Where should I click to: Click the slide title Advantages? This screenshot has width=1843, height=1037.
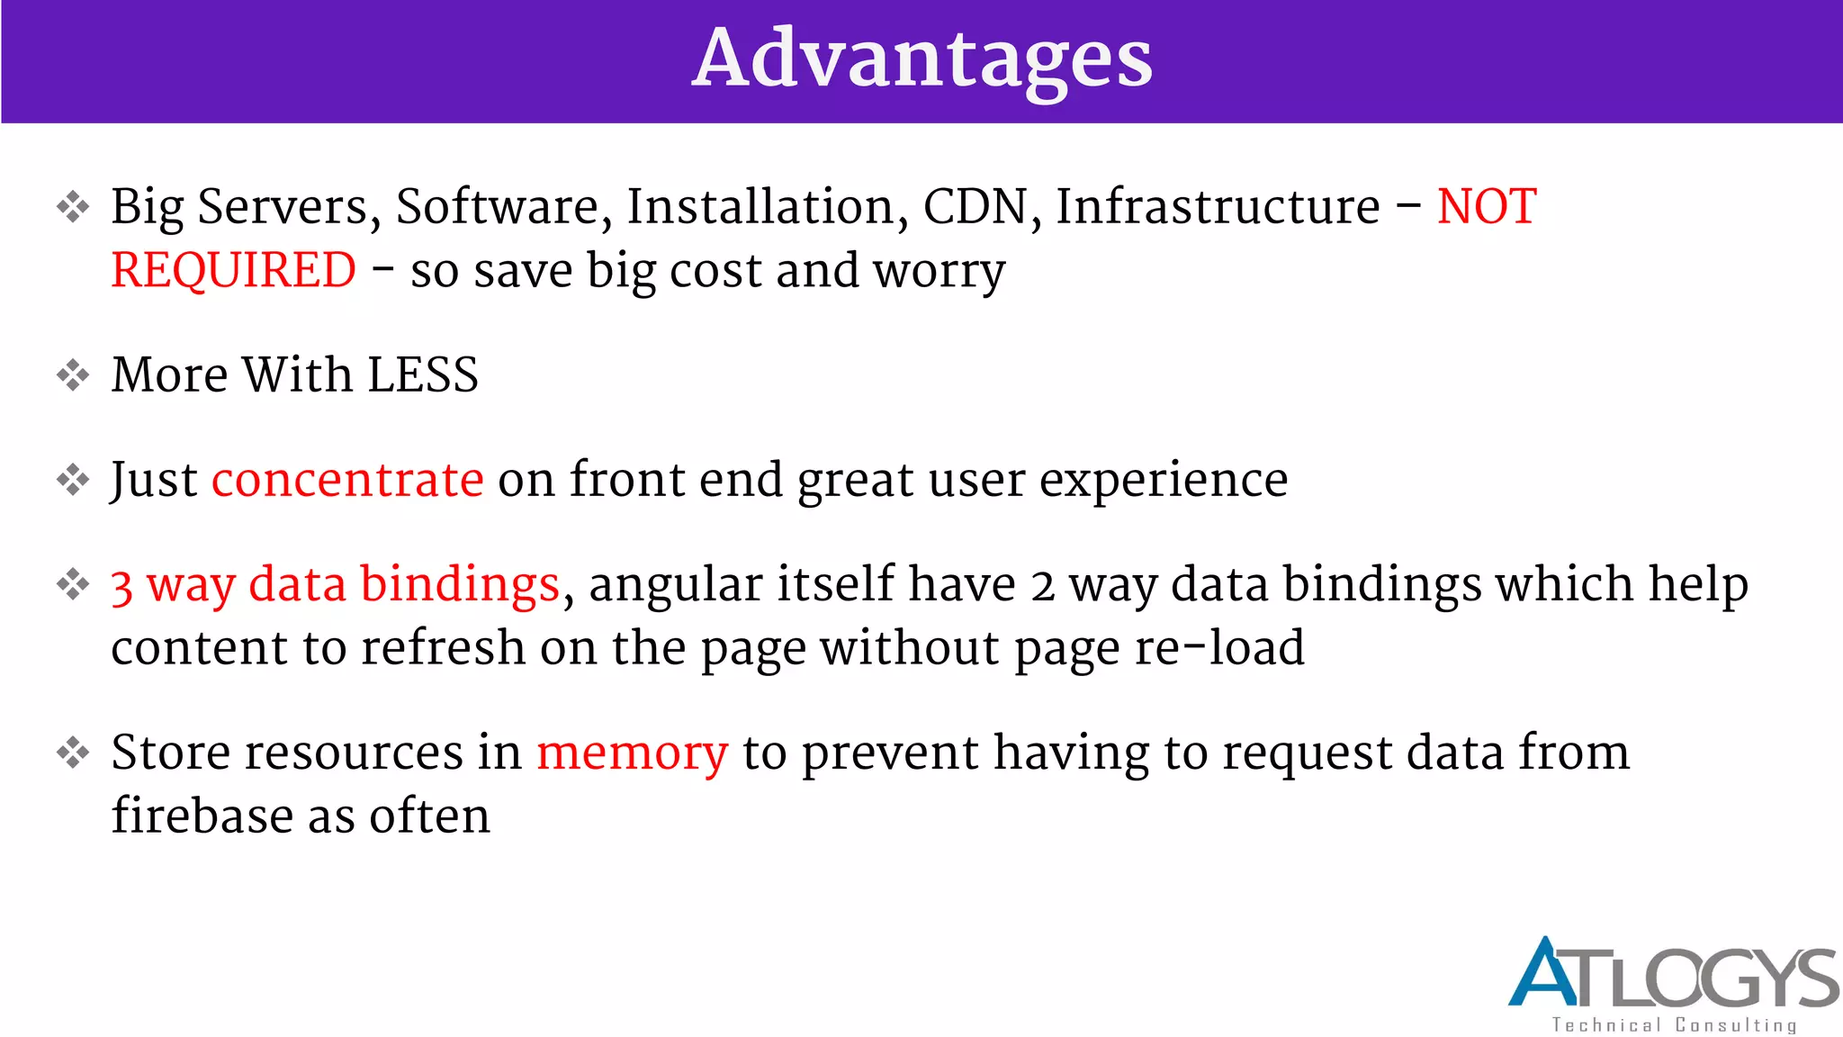pyautogui.click(x=921, y=59)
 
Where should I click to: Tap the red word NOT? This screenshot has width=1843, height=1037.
pyautogui.click(x=1487, y=207)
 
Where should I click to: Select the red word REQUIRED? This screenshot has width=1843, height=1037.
pyautogui.click(x=234, y=270)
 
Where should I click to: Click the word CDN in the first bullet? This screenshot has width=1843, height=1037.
pyautogui.click(x=975, y=207)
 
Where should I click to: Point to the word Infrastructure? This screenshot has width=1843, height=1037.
pyautogui.click(x=1218, y=207)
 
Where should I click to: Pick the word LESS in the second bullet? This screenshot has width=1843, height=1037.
pyautogui.click(x=423, y=374)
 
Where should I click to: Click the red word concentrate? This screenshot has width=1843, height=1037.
pyautogui.click(x=347, y=479)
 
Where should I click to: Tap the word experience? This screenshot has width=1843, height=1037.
pyautogui.click(x=1164, y=481)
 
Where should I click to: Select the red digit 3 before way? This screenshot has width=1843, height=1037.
pyautogui.click(x=122, y=586)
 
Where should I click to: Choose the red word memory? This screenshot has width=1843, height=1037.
pyautogui.click(x=632, y=753)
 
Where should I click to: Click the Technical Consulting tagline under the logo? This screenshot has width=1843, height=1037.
pyautogui.click(x=1674, y=1025)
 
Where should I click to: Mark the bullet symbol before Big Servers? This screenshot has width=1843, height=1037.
pyautogui.click(x=73, y=208)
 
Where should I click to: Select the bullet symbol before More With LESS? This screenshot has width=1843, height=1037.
pyautogui.click(x=73, y=375)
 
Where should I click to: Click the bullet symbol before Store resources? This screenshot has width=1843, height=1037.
pyautogui.click(x=73, y=753)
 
